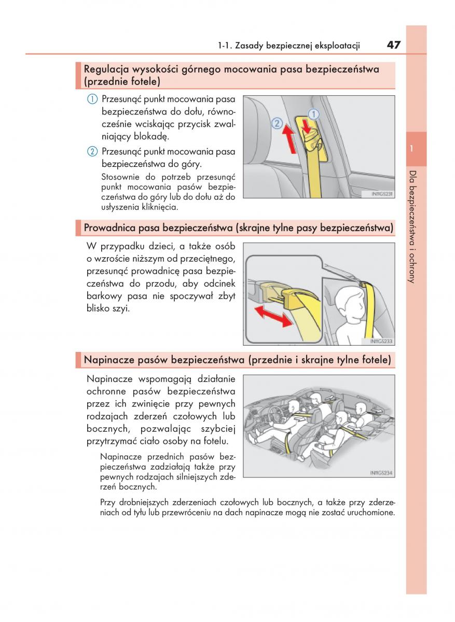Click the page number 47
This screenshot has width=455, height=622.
point(393,45)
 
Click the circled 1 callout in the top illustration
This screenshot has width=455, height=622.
point(313,114)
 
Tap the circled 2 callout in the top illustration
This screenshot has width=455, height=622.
point(277,124)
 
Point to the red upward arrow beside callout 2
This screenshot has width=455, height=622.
point(291,140)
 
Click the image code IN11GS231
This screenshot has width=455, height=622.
point(383,194)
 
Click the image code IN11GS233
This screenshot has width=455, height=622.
point(382,341)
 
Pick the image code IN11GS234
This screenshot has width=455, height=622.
point(382,473)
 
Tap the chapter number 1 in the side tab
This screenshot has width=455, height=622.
point(411,149)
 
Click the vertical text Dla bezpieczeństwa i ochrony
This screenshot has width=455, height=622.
point(411,227)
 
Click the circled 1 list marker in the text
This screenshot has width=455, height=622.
point(92,98)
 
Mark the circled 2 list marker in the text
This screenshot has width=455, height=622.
point(92,151)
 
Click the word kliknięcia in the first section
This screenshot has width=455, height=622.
point(159,207)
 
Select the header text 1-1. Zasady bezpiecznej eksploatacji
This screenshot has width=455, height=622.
point(289,45)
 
